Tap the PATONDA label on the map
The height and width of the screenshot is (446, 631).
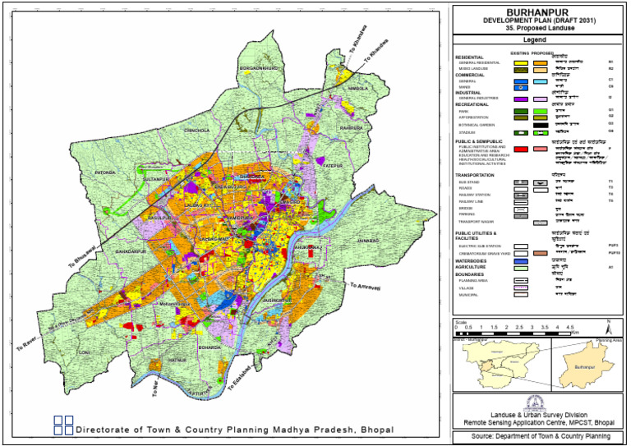tap(107, 173)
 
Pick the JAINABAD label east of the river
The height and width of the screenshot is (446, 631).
tap(371, 241)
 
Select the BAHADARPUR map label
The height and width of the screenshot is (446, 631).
tap(130, 249)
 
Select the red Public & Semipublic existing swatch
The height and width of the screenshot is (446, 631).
tap(519, 149)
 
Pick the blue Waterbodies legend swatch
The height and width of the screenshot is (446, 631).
tap(519, 261)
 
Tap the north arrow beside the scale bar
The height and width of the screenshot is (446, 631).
tap(608, 325)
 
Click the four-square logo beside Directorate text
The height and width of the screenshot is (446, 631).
tap(62, 425)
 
